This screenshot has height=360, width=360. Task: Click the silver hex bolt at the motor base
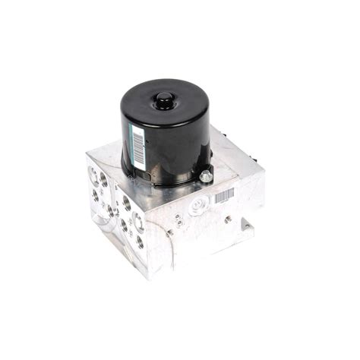click(x=206, y=176)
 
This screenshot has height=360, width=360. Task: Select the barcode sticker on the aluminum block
click(x=224, y=196)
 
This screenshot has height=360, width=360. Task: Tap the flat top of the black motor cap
click(x=163, y=110)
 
